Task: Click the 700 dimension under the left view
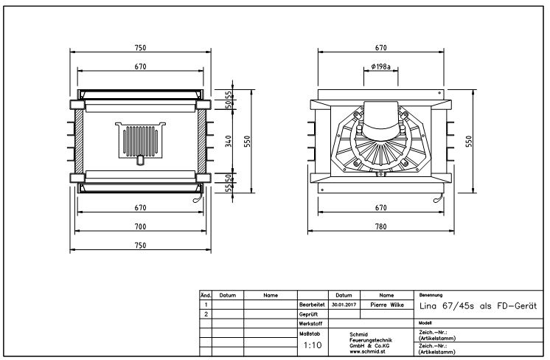point(141,226)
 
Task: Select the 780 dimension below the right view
point(380,226)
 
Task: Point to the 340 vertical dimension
point(229,142)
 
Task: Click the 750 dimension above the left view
point(141,47)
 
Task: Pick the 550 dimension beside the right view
point(470,142)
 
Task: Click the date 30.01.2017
point(344,304)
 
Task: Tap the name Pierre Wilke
point(387,304)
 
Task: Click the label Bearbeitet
point(312,304)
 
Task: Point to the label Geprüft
point(309,314)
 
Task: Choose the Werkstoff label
point(311,323)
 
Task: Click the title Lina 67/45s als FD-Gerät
point(477,305)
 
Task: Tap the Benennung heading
point(431,294)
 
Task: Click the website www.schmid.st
point(369,351)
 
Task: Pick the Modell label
point(425,323)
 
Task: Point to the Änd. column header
point(206,295)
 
